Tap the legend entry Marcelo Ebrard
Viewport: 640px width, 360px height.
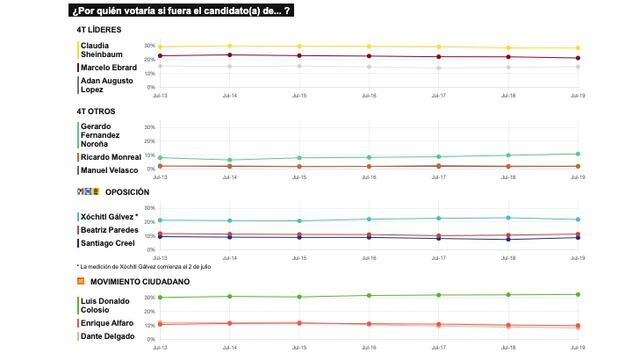coord(108,67)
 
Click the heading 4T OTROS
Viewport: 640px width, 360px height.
coord(95,109)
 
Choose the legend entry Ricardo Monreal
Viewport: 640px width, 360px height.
coord(109,157)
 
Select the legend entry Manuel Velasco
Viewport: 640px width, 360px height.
coord(109,170)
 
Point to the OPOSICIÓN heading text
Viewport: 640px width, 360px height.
coord(126,191)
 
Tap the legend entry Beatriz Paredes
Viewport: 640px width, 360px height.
coord(109,230)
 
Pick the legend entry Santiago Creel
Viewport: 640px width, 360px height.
coord(107,243)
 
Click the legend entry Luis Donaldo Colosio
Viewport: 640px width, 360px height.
coord(104,304)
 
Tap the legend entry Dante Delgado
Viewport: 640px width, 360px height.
coord(106,336)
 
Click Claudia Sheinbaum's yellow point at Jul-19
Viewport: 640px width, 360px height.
coord(577,48)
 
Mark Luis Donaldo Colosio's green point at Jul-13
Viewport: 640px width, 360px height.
coord(160,297)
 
